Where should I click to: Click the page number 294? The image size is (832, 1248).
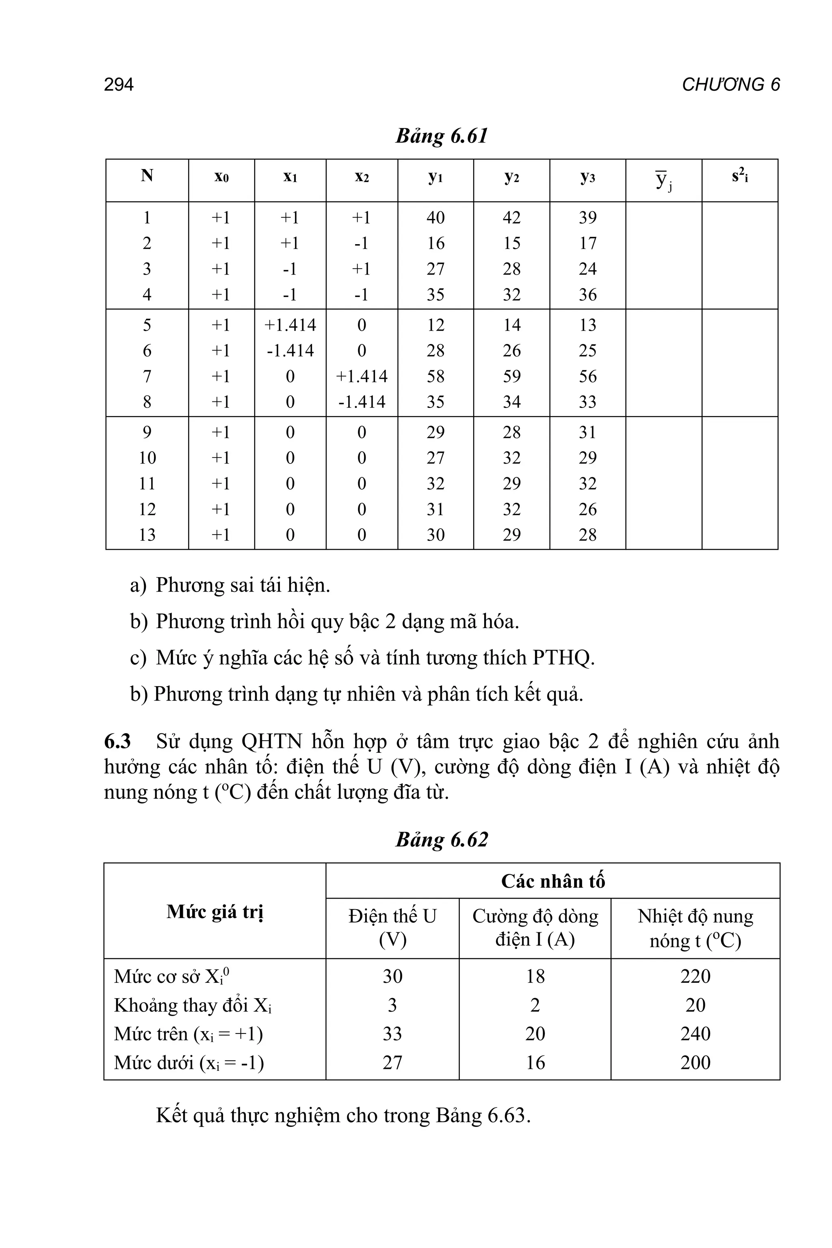pyautogui.click(x=119, y=85)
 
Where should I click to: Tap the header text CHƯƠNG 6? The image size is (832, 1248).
pyautogui.click(x=731, y=85)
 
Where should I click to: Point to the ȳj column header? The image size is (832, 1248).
pyautogui.click(x=663, y=180)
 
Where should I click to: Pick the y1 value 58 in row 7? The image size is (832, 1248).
pyautogui.click(x=435, y=376)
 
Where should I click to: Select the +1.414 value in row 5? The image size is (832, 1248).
pyautogui.click(x=290, y=325)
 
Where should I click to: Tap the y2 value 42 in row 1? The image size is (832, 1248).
pyautogui.click(x=511, y=218)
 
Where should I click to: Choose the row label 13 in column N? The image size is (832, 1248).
pyautogui.click(x=147, y=534)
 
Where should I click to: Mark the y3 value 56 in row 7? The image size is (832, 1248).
pyautogui.click(x=587, y=376)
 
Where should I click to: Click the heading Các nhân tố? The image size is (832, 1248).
pyautogui.click(x=552, y=881)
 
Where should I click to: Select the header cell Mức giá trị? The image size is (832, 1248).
pyautogui.click(x=215, y=912)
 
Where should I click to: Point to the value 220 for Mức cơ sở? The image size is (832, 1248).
pyautogui.click(x=695, y=976)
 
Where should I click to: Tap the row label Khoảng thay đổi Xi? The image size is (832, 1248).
pyautogui.click(x=193, y=1005)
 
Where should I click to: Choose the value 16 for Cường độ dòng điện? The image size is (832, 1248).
pyautogui.click(x=535, y=1062)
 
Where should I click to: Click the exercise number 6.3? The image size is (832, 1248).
pyautogui.click(x=118, y=741)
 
